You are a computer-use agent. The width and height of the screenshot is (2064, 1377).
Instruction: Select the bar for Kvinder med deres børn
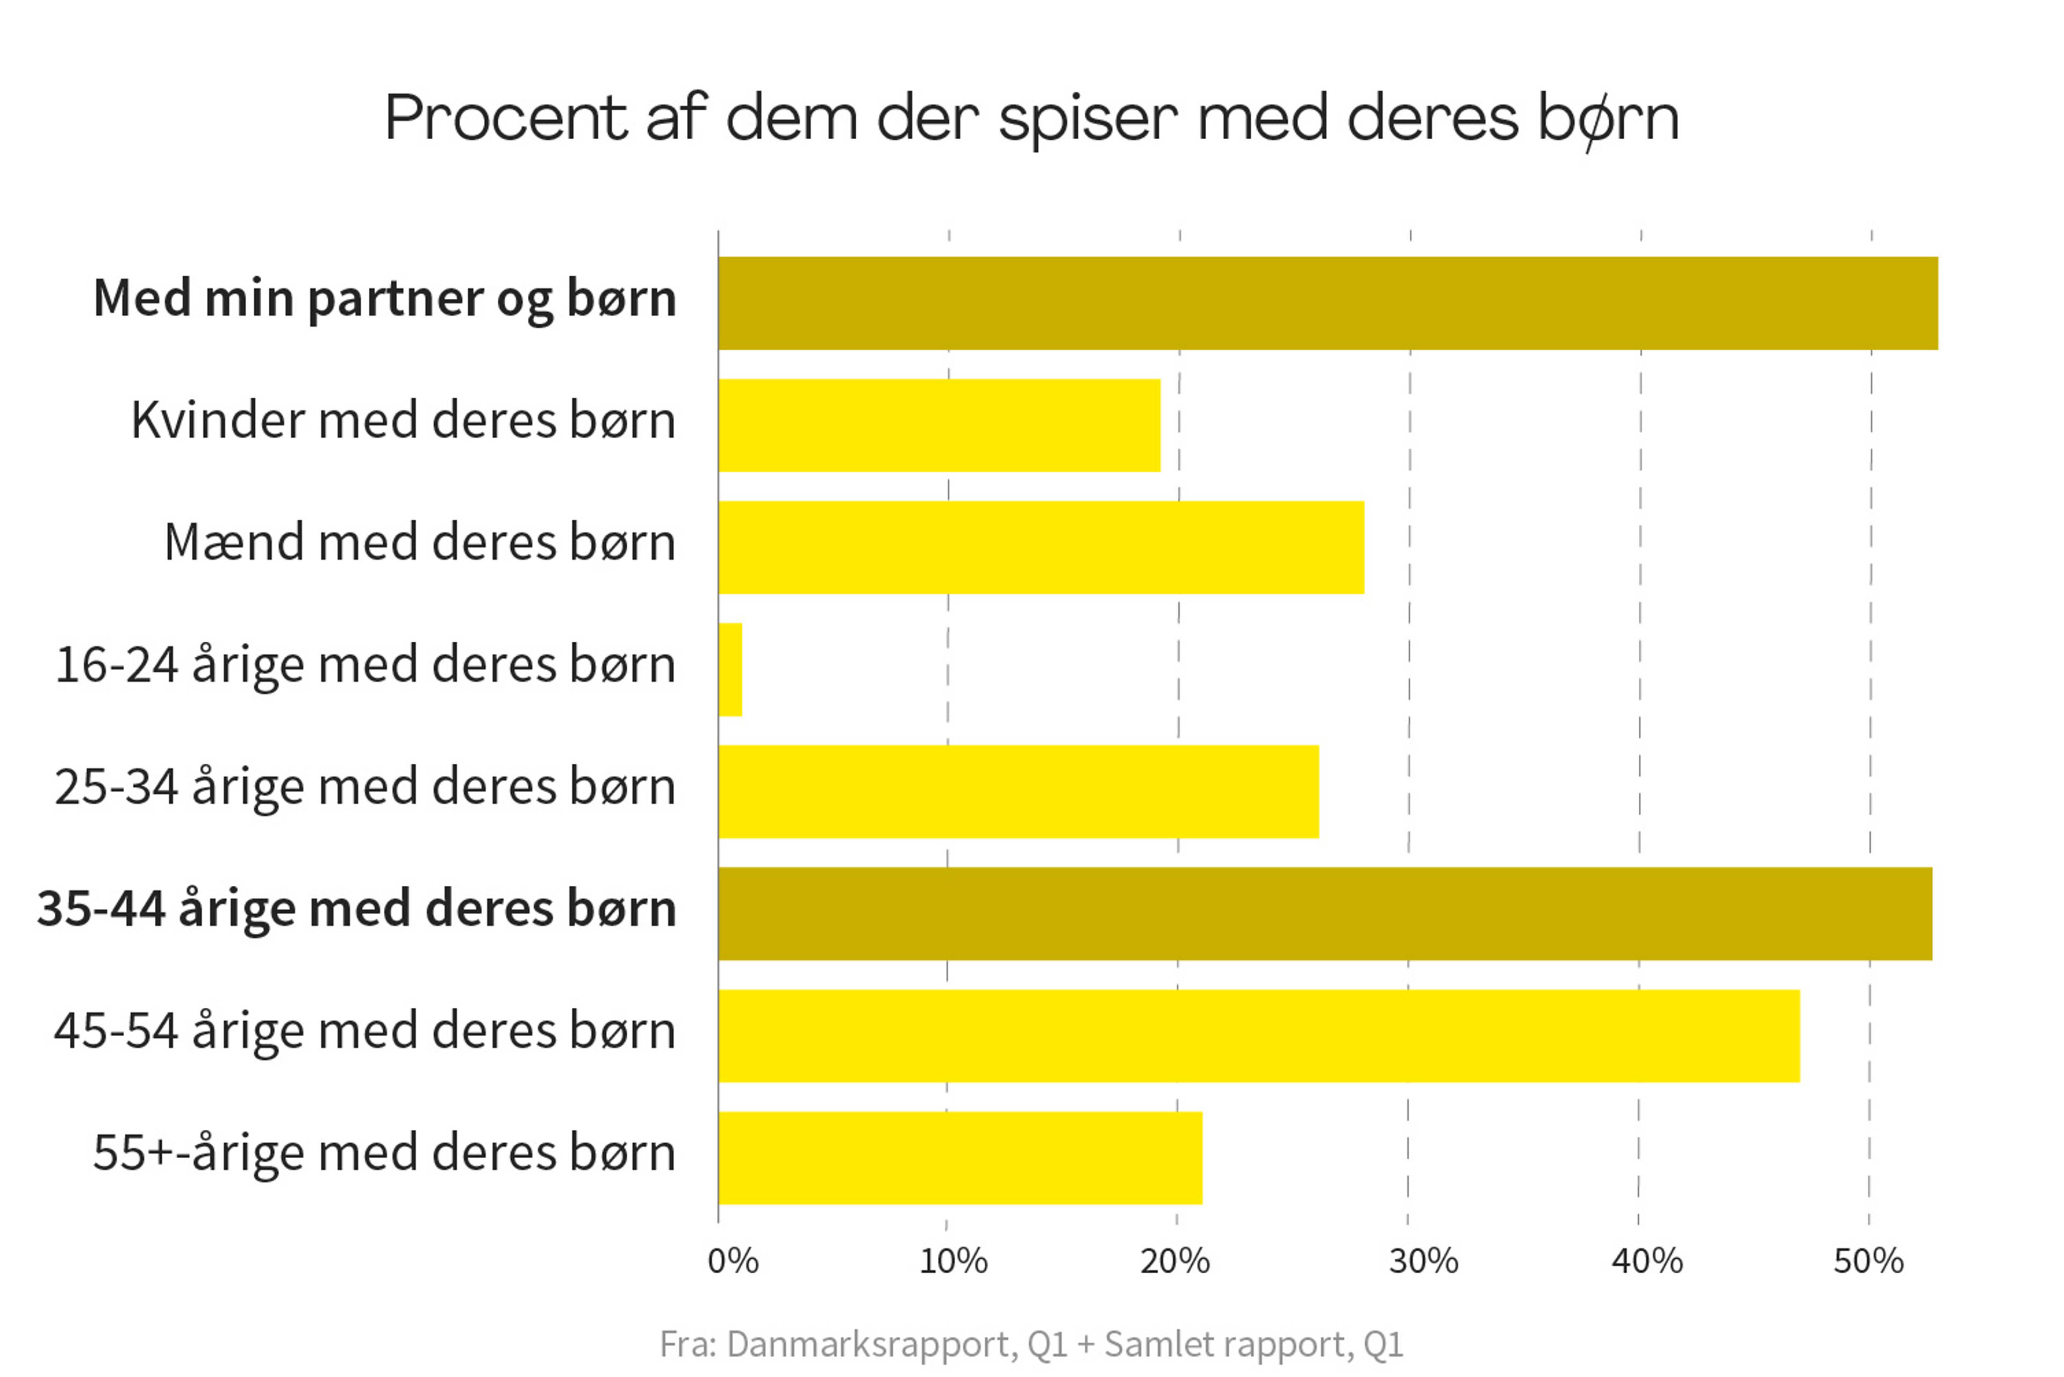point(939,425)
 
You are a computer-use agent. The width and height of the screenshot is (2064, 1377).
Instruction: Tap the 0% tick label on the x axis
point(733,1262)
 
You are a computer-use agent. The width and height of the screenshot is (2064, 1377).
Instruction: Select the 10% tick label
point(953,1262)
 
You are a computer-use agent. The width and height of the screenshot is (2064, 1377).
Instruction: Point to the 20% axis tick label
point(1174,1262)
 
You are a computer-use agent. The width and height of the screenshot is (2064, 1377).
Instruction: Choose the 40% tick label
point(1647,1262)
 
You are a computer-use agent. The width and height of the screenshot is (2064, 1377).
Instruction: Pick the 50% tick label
point(1868,1262)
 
